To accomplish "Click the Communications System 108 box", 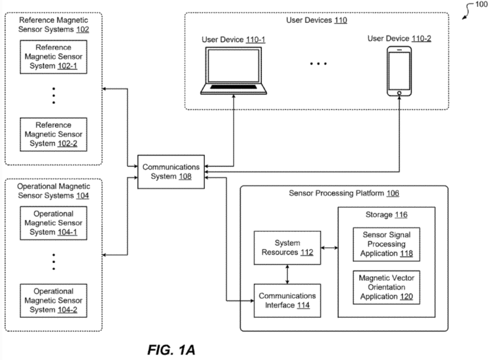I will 171,172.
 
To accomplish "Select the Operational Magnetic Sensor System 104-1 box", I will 53,223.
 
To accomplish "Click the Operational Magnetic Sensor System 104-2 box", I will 53,300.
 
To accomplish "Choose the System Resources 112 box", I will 287,248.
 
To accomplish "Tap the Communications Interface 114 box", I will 287,300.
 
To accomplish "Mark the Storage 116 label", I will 386,215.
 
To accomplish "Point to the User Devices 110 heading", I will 316,20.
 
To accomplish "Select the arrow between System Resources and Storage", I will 329,248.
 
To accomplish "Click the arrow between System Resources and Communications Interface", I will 287,274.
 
